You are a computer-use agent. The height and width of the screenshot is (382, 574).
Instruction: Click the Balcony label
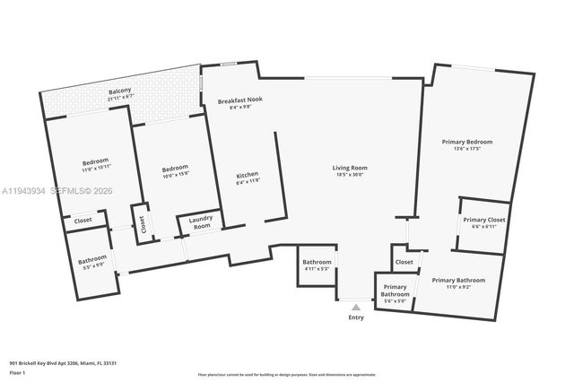119,91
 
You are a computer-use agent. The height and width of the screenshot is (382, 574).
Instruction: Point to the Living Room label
350,168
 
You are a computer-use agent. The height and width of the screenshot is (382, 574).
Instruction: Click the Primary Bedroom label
466,142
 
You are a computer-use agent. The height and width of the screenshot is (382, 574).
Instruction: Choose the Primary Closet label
483,220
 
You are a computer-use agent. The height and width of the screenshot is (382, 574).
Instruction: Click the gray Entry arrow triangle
356,307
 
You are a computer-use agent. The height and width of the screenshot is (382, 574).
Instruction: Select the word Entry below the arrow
356,317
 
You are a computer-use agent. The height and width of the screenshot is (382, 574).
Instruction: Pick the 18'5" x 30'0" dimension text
350,175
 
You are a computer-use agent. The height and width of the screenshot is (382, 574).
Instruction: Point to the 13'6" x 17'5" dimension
466,149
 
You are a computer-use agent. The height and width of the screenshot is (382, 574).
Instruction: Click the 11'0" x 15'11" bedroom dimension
95,168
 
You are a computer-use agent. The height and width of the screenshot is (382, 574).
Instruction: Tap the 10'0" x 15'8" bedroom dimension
175,175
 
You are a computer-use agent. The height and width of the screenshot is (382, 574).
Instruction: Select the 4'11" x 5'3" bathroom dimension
317,269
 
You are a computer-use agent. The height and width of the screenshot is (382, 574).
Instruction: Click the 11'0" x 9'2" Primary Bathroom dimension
457,288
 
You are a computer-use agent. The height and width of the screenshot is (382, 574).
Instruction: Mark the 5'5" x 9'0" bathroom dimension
91,265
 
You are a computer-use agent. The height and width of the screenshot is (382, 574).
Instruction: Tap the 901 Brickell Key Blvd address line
63,363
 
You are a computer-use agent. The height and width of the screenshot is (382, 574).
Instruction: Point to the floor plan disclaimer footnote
287,373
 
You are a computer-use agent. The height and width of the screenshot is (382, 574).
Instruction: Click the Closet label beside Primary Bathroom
404,262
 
